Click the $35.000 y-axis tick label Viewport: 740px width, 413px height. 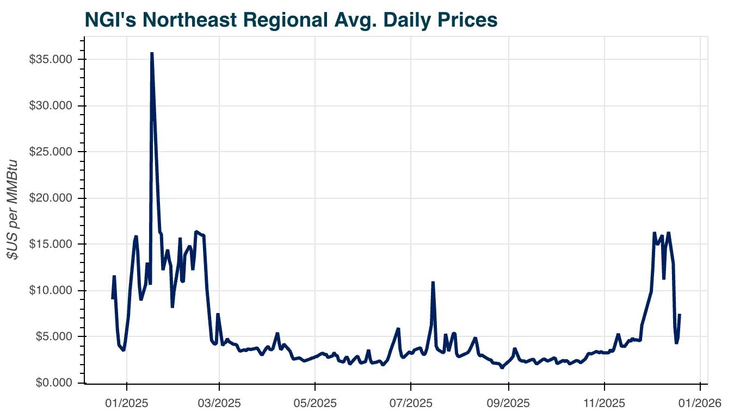(x=51, y=59)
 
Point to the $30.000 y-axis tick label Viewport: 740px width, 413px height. (x=51, y=105)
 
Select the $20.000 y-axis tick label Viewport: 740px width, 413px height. (x=51, y=198)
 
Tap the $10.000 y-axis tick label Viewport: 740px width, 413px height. (x=51, y=290)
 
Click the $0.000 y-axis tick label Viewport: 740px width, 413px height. (x=53, y=383)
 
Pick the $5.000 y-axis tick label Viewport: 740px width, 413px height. (x=53, y=336)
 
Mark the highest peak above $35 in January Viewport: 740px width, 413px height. (x=152, y=53)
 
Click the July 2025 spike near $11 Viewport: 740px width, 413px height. (x=433, y=282)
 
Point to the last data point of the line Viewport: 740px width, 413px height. (x=680, y=315)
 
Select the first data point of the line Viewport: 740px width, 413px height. (x=113, y=298)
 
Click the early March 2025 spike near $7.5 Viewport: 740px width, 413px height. (x=218, y=314)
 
